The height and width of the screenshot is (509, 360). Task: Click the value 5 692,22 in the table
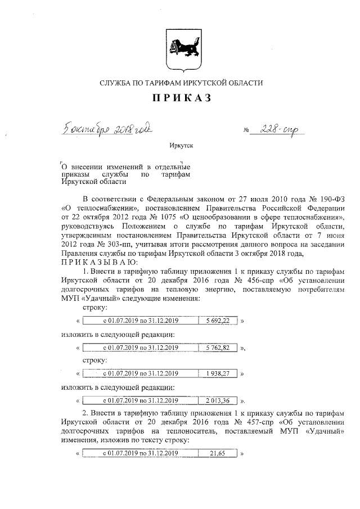(218, 321)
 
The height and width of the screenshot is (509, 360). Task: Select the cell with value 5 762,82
(218, 348)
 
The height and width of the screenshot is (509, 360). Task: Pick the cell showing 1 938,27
(218, 373)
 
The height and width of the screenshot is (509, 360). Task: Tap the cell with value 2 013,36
(218, 400)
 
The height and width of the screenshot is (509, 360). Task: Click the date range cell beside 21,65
(141, 453)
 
